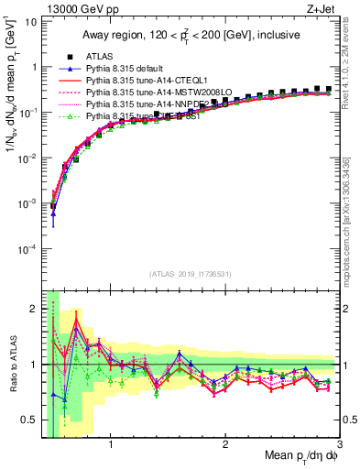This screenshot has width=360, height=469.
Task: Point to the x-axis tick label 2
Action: coord(225,445)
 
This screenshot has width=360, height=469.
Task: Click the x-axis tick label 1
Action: coord(111,445)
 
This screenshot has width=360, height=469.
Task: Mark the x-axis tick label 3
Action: coord(339,445)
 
